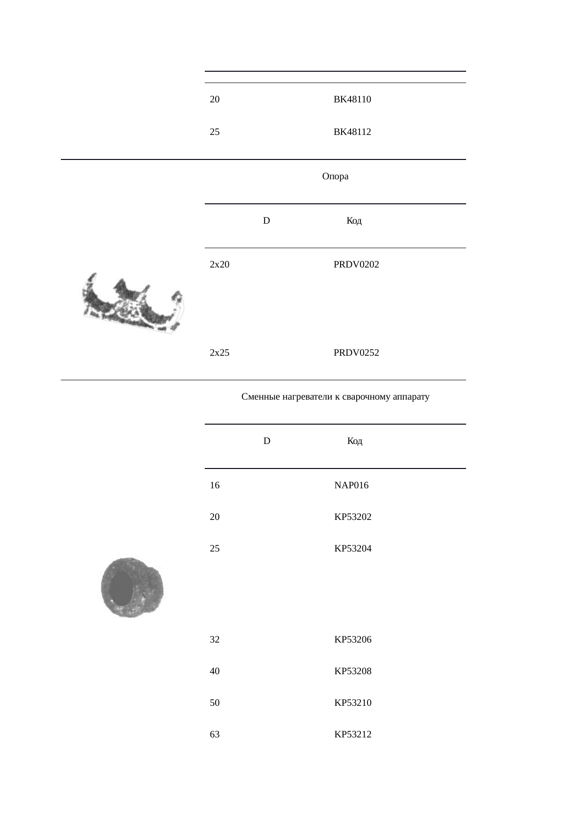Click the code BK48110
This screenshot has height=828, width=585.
pyautogui.click(x=352, y=100)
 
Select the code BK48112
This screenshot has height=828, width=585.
pyautogui.click(x=352, y=132)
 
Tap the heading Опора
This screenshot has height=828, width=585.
pyautogui.click(x=335, y=176)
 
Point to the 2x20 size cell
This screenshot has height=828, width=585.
pyautogui.click(x=219, y=265)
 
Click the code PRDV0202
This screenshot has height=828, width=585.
pyautogui.click(x=356, y=265)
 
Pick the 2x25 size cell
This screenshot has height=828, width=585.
pyautogui.click(x=219, y=353)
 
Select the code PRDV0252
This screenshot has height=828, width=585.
pyautogui.click(x=356, y=353)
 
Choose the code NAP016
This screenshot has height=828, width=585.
pyautogui.click(x=351, y=485)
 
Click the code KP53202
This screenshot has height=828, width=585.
pyautogui.click(x=352, y=517)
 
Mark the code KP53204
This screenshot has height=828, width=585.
pyautogui.click(x=352, y=549)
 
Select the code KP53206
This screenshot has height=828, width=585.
pyautogui.click(x=352, y=640)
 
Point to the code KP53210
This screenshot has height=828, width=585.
pyautogui.click(x=352, y=703)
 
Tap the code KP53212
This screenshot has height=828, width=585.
pyautogui.click(x=352, y=735)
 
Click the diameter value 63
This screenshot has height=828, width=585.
pyautogui.click(x=215, y=735)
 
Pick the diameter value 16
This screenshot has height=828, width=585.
pyautogui.click(x=215, y=485)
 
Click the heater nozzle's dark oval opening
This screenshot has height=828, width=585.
pyautogui.click(x=121, y=589)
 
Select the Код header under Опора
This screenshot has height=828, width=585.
pyautogui.click(x=354, y=221)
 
